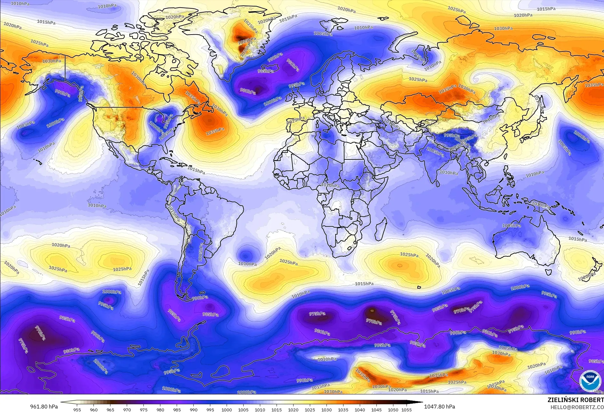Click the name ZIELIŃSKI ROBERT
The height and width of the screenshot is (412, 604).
pos(576,400)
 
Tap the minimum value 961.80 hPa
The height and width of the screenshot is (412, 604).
pos(44,407)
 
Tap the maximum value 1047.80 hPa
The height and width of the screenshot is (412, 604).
pos(439,407)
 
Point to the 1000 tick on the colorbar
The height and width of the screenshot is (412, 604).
pos(227,409)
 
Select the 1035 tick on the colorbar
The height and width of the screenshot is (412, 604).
pos(343,409)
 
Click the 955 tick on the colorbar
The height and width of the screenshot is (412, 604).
pos(77,409)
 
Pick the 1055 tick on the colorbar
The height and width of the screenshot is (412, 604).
pos(407,409)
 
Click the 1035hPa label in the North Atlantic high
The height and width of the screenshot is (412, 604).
pos(215,131)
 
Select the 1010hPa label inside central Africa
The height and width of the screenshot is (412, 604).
pos(330,185)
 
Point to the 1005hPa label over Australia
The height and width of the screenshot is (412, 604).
pos(511,225)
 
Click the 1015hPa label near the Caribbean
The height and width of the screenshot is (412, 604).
pos(196,171)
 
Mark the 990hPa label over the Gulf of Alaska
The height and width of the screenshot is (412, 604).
pos(62,93)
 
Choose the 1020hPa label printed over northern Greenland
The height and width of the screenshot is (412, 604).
pos(175,17)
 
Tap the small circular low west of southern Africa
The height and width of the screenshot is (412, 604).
pos(246,255)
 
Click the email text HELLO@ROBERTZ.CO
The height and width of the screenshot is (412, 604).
pos(577,407)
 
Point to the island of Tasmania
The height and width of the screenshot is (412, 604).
pos(548,271)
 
